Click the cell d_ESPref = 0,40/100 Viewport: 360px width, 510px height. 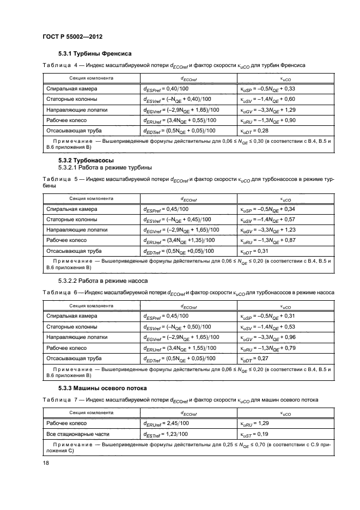(166, 88)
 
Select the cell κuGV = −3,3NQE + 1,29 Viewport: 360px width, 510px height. (267, 110)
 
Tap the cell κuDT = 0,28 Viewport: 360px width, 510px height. (254, 131)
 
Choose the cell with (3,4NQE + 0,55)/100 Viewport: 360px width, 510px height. (179, 120)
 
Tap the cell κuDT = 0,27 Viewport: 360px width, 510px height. (254, 359)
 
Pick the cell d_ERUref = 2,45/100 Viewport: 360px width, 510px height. (166, 423)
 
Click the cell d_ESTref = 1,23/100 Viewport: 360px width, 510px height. (166, 434)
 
